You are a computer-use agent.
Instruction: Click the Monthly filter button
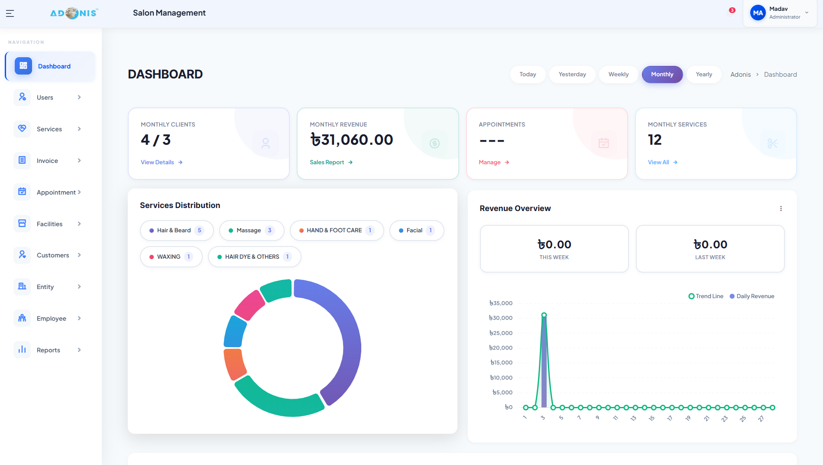tap(662, 75)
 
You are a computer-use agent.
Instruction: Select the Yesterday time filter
tap(572, 75)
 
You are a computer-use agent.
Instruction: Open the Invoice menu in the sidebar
tap(48, 161)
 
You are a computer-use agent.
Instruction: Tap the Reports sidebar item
tap(49, 350)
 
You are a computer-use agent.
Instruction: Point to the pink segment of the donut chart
tap(249, 305)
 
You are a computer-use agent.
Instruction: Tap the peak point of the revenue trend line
tap(544, 315)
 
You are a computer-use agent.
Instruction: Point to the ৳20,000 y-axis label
tap(501, 348)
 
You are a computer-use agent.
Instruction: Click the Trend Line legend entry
tap(706, 296)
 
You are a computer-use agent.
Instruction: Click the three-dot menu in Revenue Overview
tap(781, 209)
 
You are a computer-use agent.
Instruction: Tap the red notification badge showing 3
tap(732, 10)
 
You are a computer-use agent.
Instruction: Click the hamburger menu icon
tap(10, 13)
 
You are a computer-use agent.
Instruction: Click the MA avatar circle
tap(758, 13)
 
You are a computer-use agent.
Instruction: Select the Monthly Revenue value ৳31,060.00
tap(351, 140)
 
